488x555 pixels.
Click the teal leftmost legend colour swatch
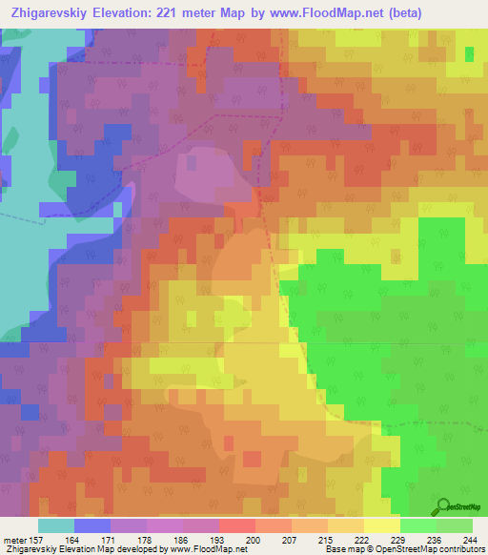[55, 525]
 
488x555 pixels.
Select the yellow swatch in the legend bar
[381, 525]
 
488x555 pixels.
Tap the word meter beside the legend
[14, 541]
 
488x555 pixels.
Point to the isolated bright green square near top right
[469, 53]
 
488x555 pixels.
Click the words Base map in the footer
[341, 550]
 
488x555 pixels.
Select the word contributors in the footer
[458, 550]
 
